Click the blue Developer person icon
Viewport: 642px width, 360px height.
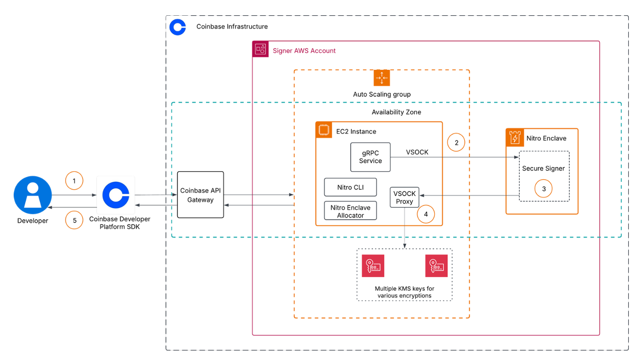[33, 195]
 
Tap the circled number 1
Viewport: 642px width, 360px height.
[74, 181]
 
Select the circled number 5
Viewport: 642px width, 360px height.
[74, 220]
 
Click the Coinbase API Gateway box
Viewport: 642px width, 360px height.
[200, 195]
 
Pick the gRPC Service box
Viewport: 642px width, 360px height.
[370, 157]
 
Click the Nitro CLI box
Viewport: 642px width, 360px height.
[350, 187]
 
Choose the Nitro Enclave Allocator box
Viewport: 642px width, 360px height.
[350, 211]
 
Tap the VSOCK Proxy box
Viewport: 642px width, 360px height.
[404, 197]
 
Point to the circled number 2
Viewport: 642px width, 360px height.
[456, 142]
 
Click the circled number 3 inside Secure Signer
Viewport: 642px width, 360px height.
[544, 189]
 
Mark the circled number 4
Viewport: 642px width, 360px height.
[426, 214]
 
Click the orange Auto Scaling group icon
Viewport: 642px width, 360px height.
[382, 78]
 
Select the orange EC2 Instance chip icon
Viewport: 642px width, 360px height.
[324, 130]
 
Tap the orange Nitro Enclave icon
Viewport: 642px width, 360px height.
[514, 137]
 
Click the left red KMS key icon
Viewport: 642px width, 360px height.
[373, 266]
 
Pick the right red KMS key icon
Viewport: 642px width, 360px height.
[436, 266]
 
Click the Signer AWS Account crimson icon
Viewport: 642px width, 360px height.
[261, 50]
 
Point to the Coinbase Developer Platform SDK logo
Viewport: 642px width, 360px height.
[116, 195]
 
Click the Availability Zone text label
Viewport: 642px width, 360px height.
[396, 112]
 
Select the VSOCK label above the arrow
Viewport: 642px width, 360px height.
[417, 152]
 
